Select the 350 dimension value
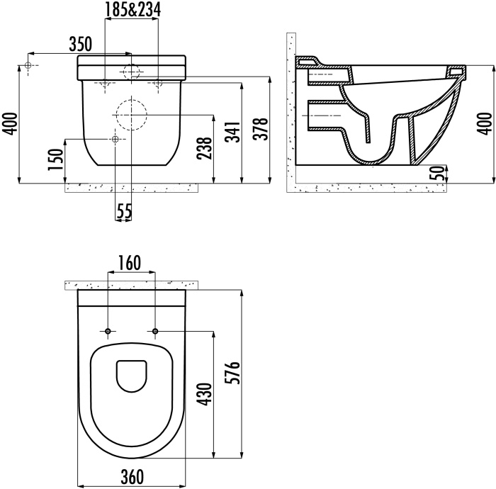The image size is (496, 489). (81, 44)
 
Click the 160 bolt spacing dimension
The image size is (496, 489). (130, 264)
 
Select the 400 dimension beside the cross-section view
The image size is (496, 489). (485, 125)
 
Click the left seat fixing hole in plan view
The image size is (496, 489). (108, 332)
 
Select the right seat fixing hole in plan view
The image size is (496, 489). (154, 332)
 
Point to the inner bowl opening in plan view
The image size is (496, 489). (130, 376)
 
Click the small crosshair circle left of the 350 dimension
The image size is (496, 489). (28, 66)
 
